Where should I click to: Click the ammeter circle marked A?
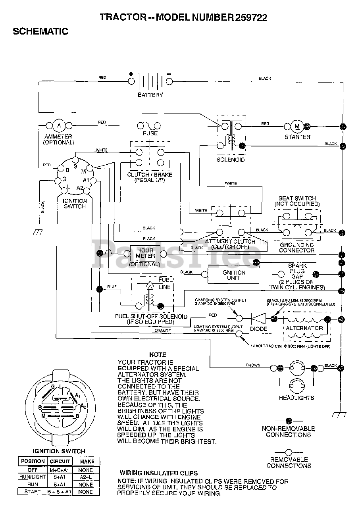click(x=59, y=125)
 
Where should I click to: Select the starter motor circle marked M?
click(x=297, y=126)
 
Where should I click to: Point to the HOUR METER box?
click(x=145, y=253)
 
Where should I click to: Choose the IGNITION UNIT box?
click(x=233, y=275)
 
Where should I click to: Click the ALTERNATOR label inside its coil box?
click(x=304, y=328)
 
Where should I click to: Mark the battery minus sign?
click(x=169, y=74)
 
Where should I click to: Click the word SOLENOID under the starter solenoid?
click(x=230, y=160)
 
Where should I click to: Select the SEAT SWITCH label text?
click(x=297, y=198)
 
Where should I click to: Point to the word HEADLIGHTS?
click(x=296, y=397)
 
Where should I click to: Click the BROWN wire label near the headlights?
click(x=253, y=365)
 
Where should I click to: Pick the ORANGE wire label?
click(x=163, y=330)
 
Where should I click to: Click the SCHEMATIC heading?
click(x=40, y=31)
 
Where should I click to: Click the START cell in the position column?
click(x=33, y=492)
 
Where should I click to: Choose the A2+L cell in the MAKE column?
click(x=86, y=476)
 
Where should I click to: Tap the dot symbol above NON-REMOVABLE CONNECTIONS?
click(x=289, y=421)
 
